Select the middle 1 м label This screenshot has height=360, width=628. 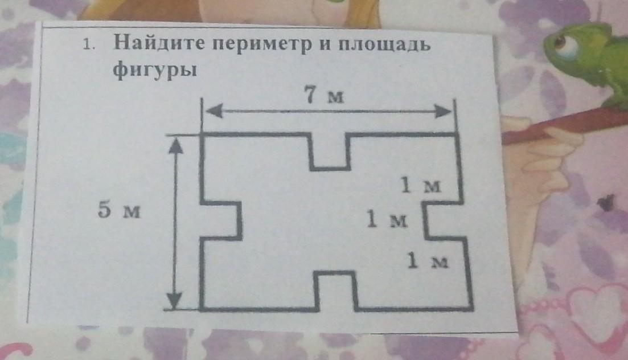pyautogui.click(x=387, y=220)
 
